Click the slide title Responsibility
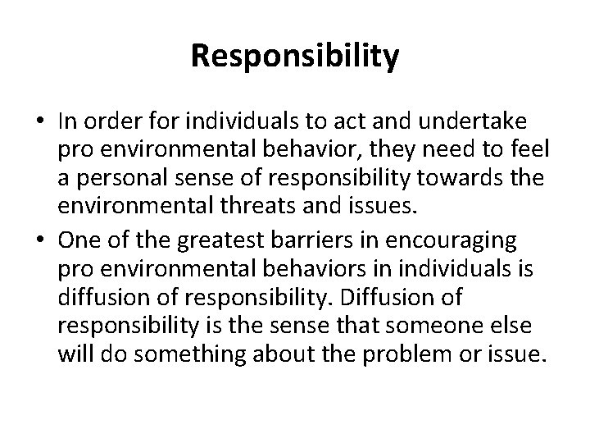295,56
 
